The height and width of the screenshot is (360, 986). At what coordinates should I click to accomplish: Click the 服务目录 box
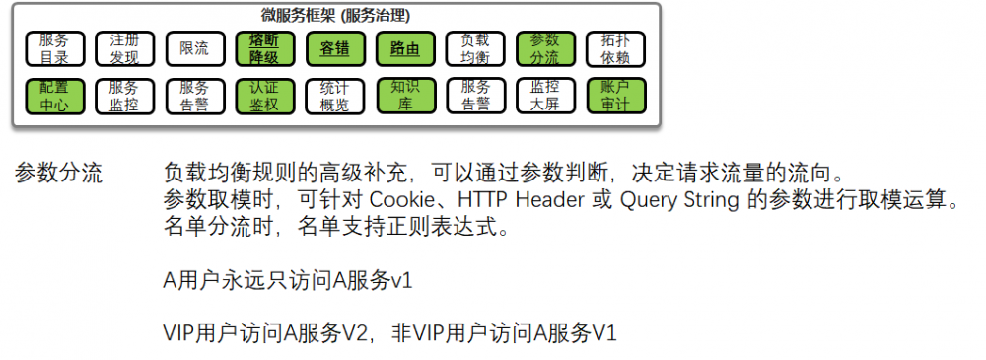pyautogui.click(x=54, y=48)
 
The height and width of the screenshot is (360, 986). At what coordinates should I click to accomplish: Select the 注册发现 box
pyautogui.click(x=124, y=48)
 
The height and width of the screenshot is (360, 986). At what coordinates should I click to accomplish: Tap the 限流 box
pyautogui.click(x=194, y=48)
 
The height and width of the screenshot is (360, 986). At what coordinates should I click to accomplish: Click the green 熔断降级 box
pyautogui.click(x=264, y=48)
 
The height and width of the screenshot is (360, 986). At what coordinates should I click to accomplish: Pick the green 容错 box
pyautogui.click(x=334, y=48)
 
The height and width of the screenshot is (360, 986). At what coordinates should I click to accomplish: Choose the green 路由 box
pyautogui.click(x=404, y=48)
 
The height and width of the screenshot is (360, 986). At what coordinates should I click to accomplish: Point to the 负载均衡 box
pyautogui.click(x=474, y=48)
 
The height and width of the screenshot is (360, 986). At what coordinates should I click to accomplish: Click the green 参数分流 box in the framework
pyautogui.click(x=544, y=48)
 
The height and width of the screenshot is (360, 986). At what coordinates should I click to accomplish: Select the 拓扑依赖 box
pyautogui.click(x=614, y=48)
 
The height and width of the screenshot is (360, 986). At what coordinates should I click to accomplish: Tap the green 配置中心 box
pyautogui.click(x=54, y=95)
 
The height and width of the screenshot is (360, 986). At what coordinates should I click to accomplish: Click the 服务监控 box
pyautogui.click(x=124, y=95)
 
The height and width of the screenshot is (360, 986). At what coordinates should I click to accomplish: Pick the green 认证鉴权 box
pyautogui.click(x=264, y=95)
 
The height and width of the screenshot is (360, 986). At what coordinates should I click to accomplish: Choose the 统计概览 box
pyautogui.click(x=334, y=95)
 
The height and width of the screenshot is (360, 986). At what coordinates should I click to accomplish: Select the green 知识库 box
pyautogui.click(x=404, y=95)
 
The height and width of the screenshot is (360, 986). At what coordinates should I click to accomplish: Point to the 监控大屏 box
pyautogui.click(x=544, y=95)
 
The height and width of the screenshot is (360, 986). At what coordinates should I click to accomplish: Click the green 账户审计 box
pyautogui.click(x=614, y=95)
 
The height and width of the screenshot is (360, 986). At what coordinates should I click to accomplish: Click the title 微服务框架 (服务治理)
pyautogui.click(x=335, y=15)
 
